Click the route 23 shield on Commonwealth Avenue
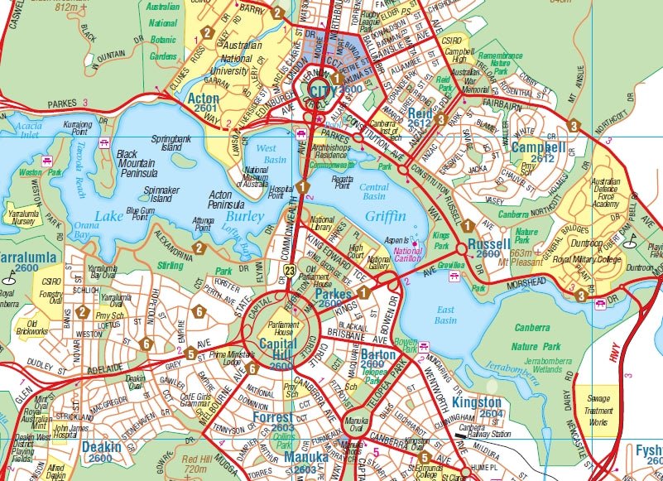(289, 271)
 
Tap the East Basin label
(445, 315)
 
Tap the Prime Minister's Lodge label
(217, 358)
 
